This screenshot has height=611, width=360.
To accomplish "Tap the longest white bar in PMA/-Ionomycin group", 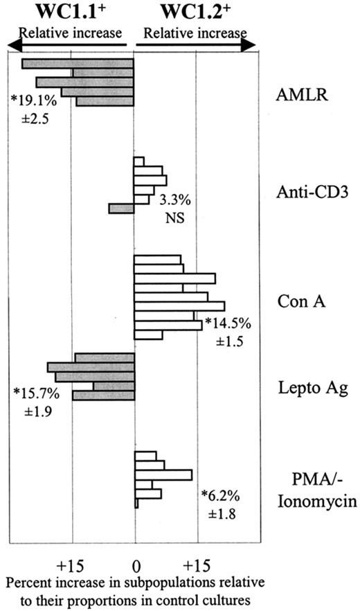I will (163, 475).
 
